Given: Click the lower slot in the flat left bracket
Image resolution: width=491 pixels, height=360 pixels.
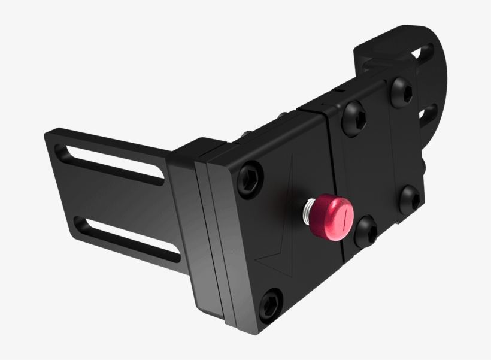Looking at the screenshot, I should click(x=129, y=238).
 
